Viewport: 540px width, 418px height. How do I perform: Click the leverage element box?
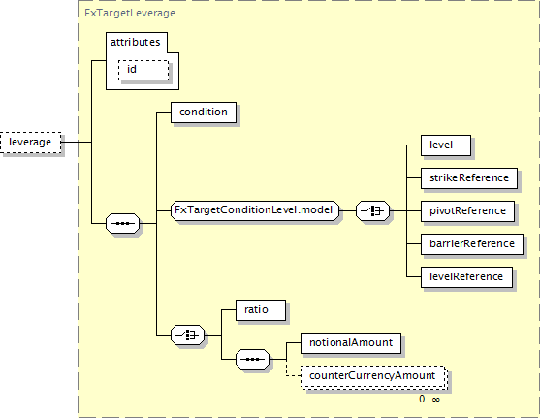click(31, 142)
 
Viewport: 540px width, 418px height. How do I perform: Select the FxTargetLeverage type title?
click(130, 14)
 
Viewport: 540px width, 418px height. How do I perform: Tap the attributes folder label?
click(136, 42)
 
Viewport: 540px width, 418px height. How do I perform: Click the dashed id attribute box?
click(143, 70)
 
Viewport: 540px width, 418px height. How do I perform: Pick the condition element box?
click(204, 112)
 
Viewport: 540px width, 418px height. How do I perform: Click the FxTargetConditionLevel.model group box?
click(255, 210)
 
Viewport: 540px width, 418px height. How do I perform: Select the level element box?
click(446, 145)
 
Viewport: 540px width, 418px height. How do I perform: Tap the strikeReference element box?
click(469, 178)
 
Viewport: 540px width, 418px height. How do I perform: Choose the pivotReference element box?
click(467, 210)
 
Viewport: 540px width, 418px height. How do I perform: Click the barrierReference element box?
click(472, 244)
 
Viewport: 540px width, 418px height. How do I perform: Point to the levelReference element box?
click(466, 277)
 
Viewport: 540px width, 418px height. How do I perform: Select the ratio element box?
click(261, 310)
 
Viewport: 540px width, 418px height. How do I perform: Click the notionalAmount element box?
click(351, 343)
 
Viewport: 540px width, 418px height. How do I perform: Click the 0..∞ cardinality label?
click(429, 399)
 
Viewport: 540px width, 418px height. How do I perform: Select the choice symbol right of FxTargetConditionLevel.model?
click(372, 210)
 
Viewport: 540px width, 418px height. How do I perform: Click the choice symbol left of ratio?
click(188, 335)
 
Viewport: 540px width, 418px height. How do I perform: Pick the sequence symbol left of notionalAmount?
click(252, 360)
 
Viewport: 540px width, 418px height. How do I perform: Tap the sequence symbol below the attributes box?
click(123, 223)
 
